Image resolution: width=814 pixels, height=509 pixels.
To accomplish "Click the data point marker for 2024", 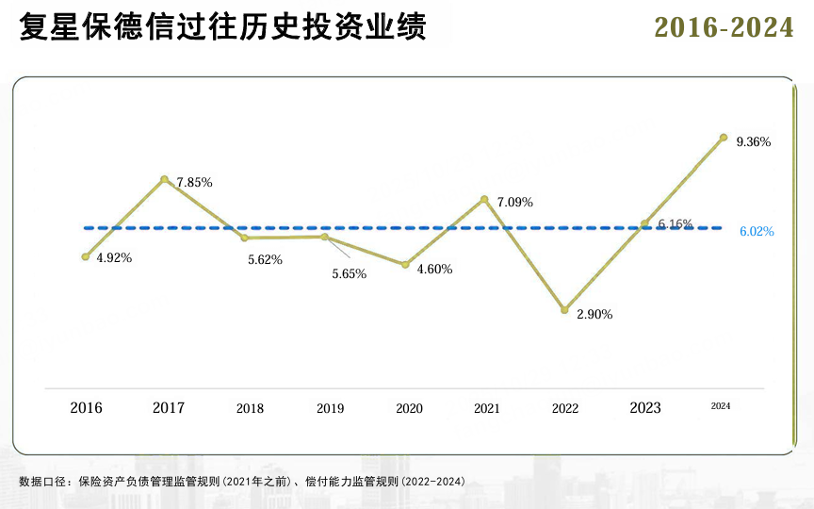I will pos(724,138).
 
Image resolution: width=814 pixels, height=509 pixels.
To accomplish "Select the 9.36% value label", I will pos(754,142).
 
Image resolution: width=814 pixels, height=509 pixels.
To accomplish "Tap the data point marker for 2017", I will pos(165,179).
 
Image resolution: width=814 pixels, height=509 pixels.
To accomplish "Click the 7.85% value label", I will pos(194,183).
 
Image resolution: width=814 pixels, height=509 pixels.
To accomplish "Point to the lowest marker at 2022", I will pos(564,309).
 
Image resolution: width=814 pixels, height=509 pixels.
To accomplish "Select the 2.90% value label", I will pos(594,315).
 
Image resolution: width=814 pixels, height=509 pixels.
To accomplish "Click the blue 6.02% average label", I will pos(757,231).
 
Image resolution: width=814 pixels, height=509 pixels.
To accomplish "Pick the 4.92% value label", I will pos(114,258).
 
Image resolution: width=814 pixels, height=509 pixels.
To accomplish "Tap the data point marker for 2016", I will pos(86,256).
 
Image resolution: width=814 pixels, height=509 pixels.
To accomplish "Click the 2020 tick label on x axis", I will pos(409,409).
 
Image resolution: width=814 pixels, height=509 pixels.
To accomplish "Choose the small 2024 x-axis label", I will pos(721,405).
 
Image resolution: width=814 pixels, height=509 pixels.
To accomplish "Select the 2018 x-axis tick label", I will pos(250,409).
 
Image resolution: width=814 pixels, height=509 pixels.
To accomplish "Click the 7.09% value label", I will pos(515,202).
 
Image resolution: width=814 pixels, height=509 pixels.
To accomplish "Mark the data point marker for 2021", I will pos(484,199).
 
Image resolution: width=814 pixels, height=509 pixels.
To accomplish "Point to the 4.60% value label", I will pos(434,270).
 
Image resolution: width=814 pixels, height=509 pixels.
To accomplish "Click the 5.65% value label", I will pos(349,274).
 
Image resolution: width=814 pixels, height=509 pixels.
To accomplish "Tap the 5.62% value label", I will pos(265,260).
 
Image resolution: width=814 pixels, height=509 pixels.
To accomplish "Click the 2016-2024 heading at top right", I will pos(724,28).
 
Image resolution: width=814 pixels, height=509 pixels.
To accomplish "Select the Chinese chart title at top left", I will pos(222,27).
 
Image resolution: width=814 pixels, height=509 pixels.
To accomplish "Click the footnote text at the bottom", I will pos(242,482).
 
